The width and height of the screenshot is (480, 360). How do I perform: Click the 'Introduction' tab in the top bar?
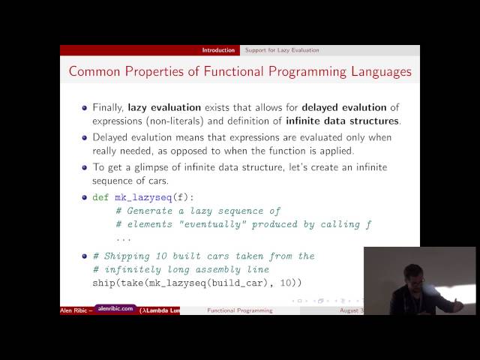point(218,50)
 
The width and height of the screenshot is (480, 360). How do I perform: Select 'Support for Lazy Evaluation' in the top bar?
point(282,50)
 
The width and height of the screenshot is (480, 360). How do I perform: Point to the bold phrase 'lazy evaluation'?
point(164,107)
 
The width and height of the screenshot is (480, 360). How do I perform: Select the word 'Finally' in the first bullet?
point(109,107)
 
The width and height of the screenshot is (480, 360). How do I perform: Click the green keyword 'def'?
point(100,197)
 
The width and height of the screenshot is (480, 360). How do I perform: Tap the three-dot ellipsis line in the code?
point(124,238)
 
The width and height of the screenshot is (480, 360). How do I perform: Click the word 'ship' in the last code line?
point(104,283)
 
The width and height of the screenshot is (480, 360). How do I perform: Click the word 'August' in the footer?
point(351,310)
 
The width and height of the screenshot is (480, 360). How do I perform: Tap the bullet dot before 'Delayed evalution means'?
point(85,138)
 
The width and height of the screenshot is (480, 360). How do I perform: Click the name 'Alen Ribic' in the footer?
point(75,310)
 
